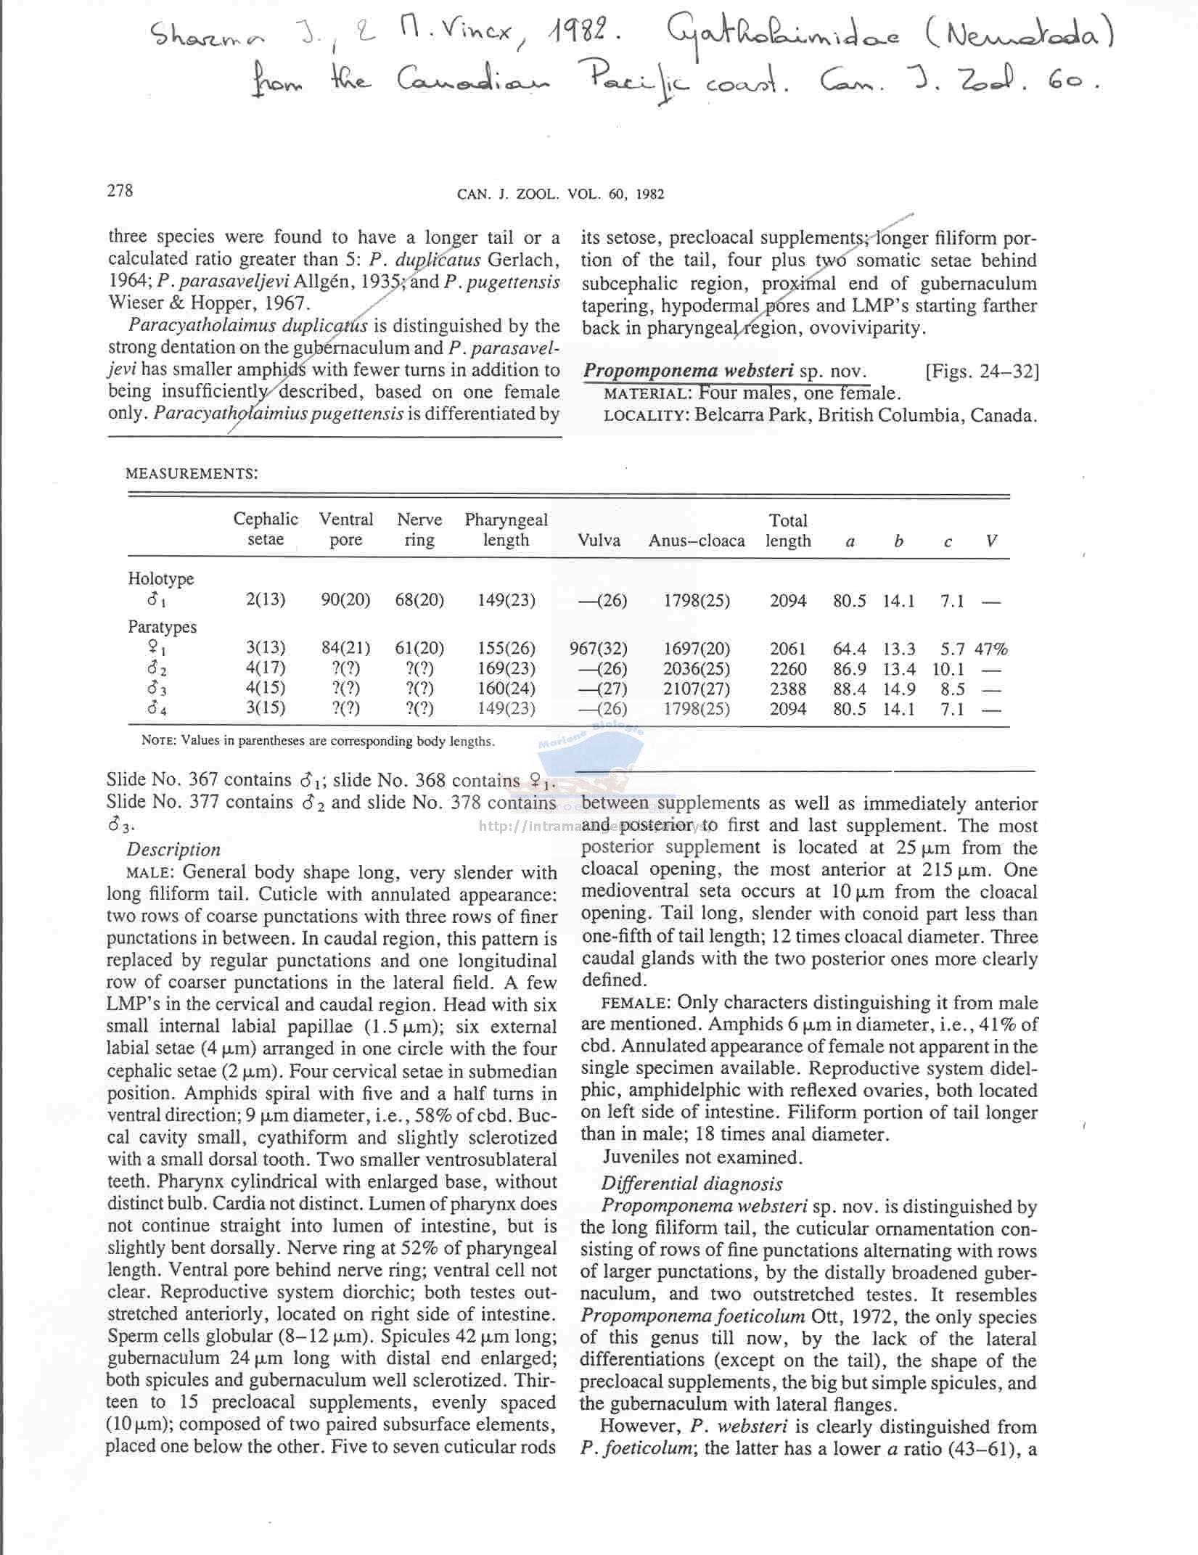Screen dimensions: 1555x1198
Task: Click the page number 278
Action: (x=120, y=190)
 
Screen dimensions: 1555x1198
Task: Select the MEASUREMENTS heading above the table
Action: (x=191, y=474)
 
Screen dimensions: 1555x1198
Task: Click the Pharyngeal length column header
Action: (x=506, y=530)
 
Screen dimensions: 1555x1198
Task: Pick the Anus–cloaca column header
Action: (x=696, y=541)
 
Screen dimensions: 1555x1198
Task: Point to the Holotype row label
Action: (x=160, y=578)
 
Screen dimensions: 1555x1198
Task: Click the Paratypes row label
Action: (x=162, y=626)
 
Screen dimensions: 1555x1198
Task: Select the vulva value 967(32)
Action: (x=598, y=648)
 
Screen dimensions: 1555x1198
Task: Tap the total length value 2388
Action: (x=787, y=689)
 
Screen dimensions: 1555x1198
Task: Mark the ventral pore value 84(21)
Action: (x=345, y=647)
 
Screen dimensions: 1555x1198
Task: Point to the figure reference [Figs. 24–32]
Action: (x=981, y=372)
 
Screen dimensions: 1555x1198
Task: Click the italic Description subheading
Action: (x=173, y=849)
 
